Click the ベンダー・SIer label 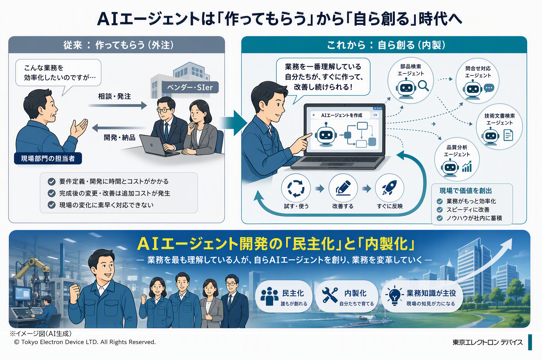(x=190, y=87)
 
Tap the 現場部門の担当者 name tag (x=48, y=158)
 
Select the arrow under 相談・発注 (x=118, y=105)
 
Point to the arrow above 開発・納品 (x=119, y=127)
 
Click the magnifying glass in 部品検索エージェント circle (x=423, y=86)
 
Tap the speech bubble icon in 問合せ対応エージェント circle (x=489, y=88)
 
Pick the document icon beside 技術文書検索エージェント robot (x=508, y=135)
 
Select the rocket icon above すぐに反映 (x=389, y=187)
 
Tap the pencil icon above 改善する (x=343, y=188)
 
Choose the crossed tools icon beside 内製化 (x=330, y=295)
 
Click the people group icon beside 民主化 (x=269, y=296)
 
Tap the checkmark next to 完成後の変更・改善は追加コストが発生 (x=52, y=193)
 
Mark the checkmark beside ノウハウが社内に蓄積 (x=440, y=218)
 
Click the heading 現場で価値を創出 (x=465, y=191)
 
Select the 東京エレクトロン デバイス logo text (x=488, y=342)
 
